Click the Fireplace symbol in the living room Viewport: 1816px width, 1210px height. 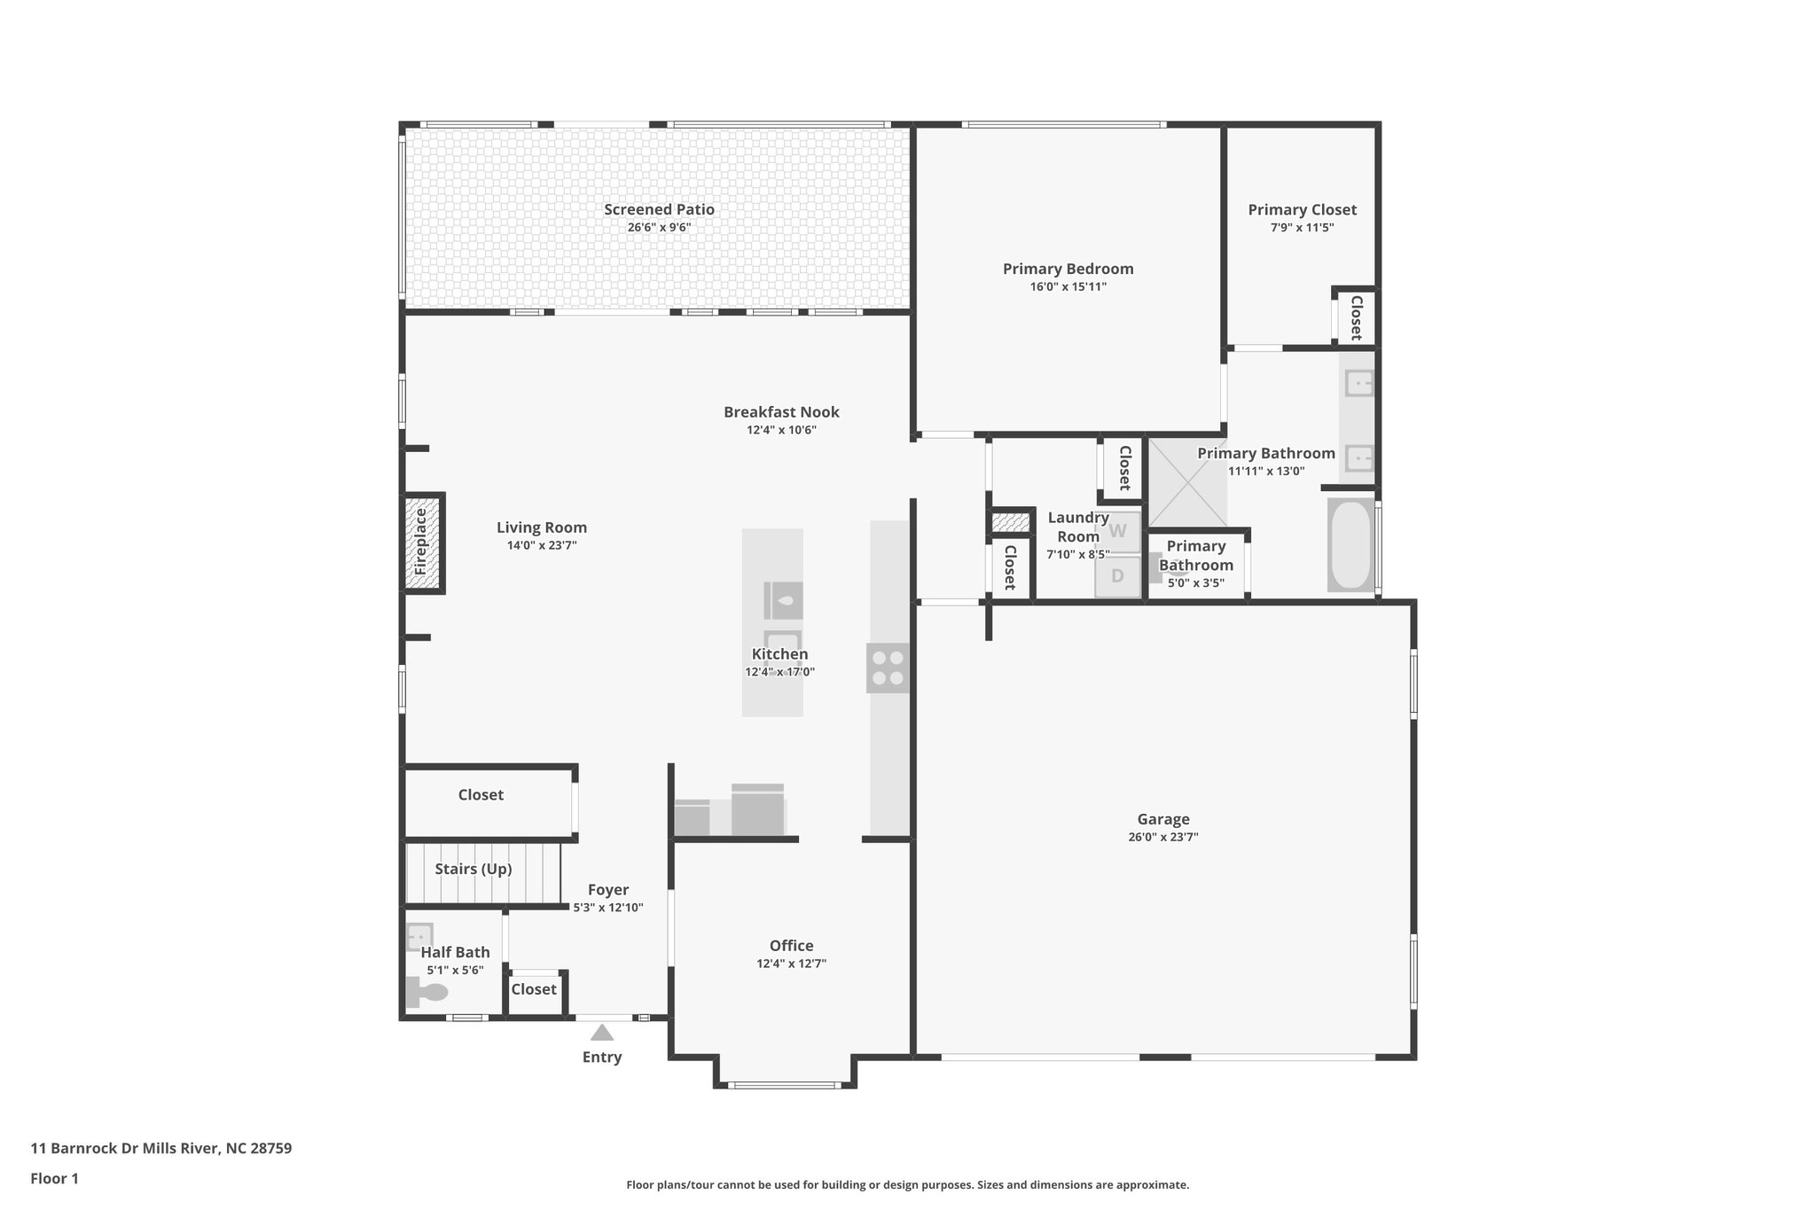422,542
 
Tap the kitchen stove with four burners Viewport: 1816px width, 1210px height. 888,667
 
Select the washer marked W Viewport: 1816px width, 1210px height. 1117,531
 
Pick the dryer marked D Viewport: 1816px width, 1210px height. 1117,576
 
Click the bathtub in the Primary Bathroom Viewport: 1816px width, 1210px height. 1350,543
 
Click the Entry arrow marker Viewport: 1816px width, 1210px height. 602,1033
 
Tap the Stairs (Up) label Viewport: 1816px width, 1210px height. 473,869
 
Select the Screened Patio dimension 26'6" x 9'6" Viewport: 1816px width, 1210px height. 659,228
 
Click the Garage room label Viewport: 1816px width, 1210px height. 1162,819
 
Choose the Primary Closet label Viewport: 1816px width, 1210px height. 1302,210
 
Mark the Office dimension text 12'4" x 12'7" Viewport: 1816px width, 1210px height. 791,964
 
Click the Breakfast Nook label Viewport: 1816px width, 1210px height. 780,412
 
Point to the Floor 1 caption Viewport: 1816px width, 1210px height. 54,1178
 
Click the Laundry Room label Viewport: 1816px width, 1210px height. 1077,527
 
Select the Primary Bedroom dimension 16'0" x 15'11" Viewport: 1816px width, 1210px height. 1068,287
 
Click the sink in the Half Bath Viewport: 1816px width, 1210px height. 419,936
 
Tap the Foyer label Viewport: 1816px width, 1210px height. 607,890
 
